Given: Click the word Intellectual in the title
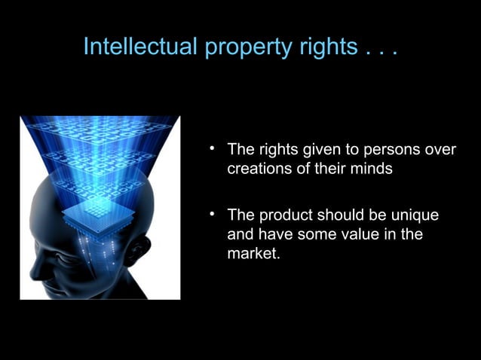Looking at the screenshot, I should [x=141, y=47].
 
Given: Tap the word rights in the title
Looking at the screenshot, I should [x=331, y=47].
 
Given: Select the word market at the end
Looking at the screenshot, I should [x=252, y=255].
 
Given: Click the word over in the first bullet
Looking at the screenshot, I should [x=440, y=149].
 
